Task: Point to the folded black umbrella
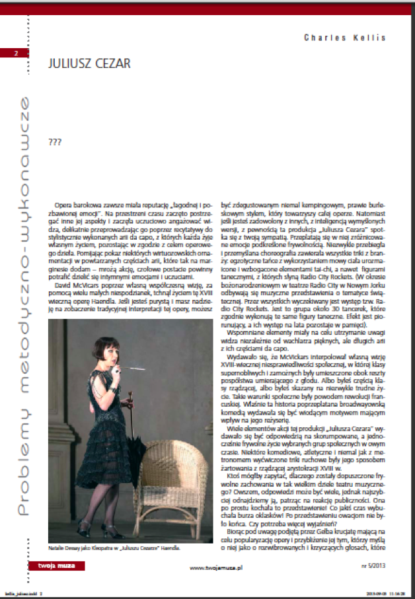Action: coord(137,449)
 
